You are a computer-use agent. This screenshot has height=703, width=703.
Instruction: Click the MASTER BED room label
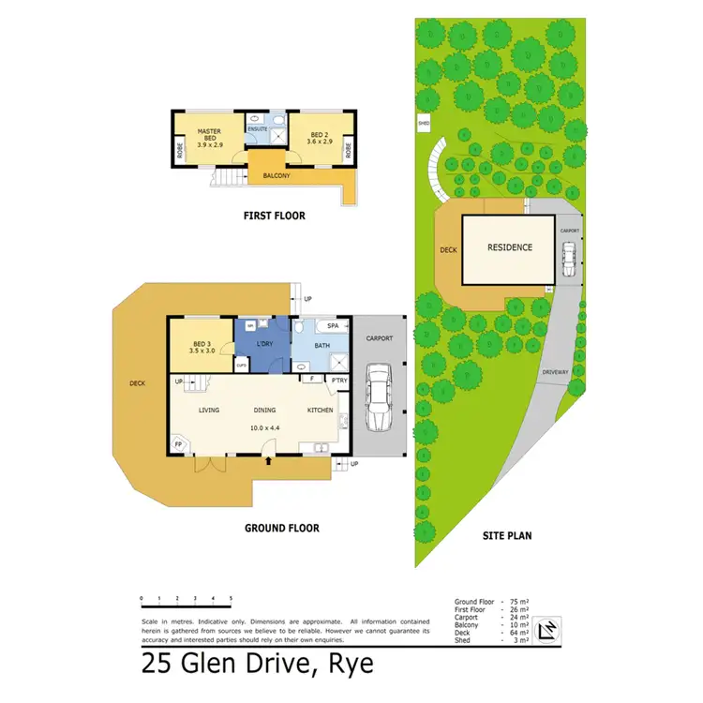pyautogui.click(x=207, y=134)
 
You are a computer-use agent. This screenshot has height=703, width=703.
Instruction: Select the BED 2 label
pyautogui.click(x=319, y=135)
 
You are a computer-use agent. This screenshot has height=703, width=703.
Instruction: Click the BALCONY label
pyautogui.click(x=276, y=176)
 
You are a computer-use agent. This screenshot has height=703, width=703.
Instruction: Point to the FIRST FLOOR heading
pyautogui.click(x=274, y=216)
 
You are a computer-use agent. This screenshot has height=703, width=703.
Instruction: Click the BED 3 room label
pyautogui.click(x=202, y=344)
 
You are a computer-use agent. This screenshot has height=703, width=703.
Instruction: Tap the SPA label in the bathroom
pyautogui.click(x=333, y=325)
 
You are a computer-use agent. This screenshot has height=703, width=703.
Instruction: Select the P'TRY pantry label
pyautogui.click(x=337, y=379)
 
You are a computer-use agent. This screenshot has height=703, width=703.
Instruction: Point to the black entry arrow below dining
pyautogui.click(x=270, y=460)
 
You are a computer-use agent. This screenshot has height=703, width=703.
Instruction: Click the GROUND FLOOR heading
pyautogui.click(x=281, y=528)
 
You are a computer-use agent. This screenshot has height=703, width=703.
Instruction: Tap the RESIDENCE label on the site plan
pyautogui.click(x=509, y=247)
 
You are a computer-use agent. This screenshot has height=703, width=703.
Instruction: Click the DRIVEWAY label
pyautogui.click(x=555, y=372)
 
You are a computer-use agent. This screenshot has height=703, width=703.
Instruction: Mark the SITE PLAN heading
pyautogui.click(x=506, y=536)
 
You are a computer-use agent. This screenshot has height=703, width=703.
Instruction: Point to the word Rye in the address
pyautogui.click(x=348, y=665)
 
